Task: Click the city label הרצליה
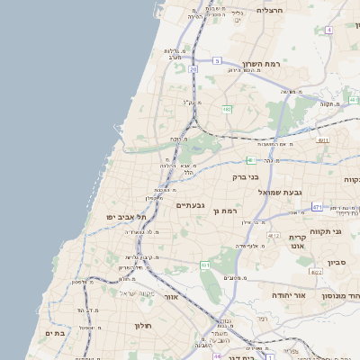(269, 10)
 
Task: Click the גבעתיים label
(190, 206)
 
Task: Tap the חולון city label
(144, 325)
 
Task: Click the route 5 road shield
(217, 60)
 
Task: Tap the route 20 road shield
(193, 68)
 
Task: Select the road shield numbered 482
(227, 109)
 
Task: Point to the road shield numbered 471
(317, 207)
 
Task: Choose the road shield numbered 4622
(315, 271)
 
